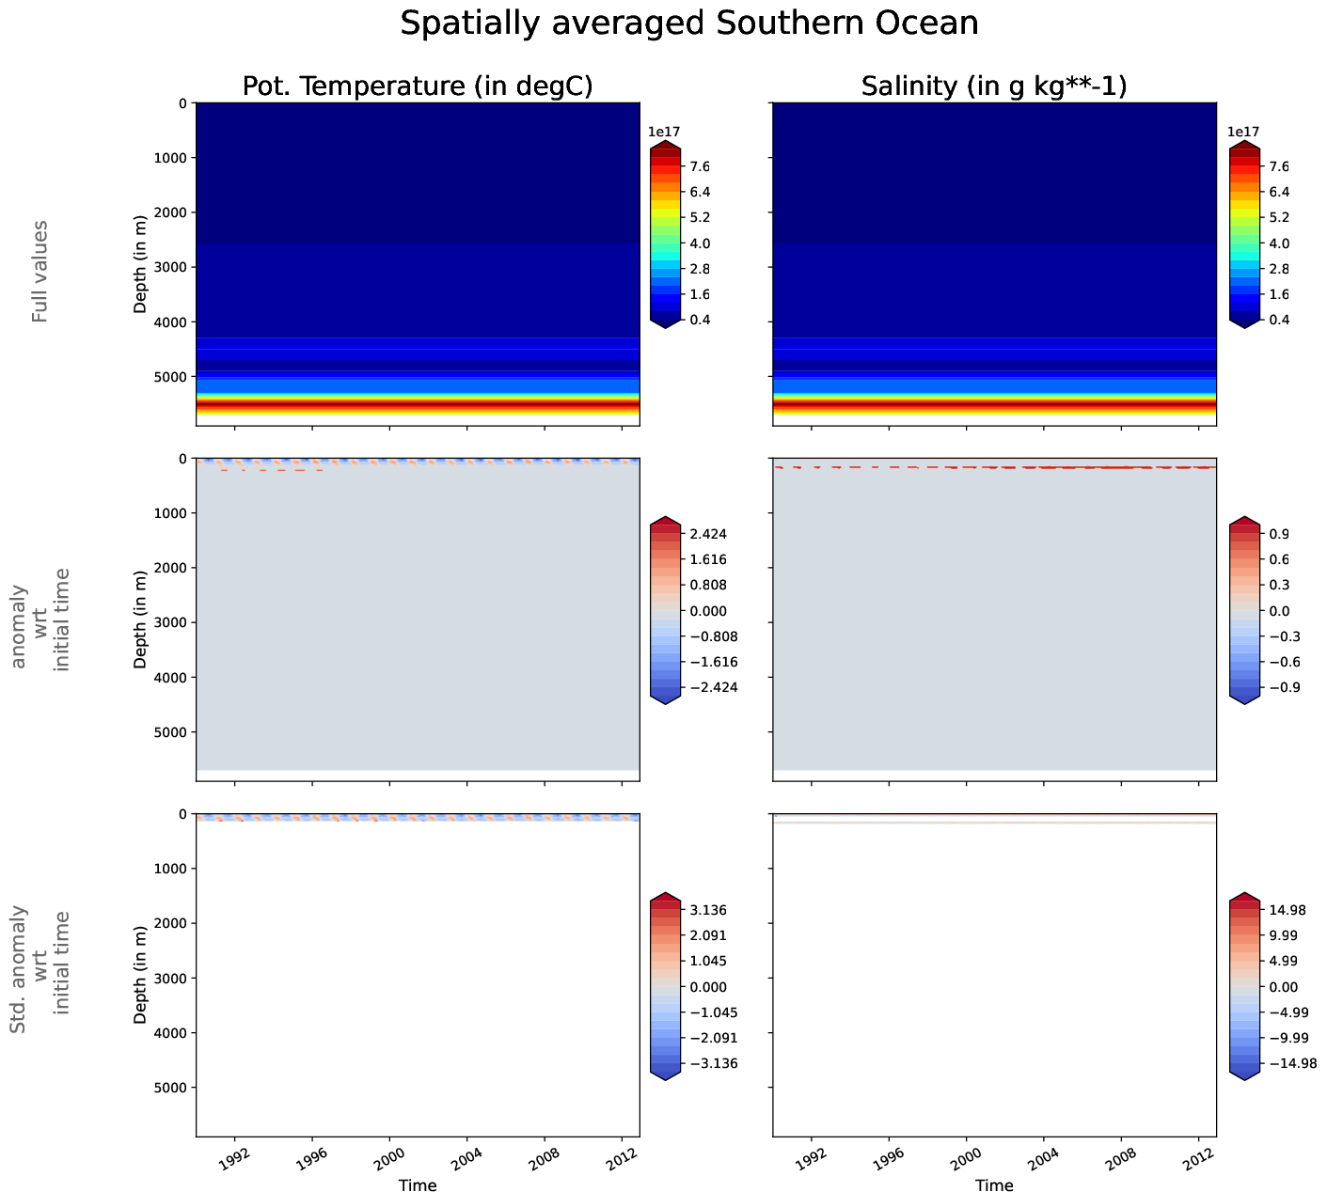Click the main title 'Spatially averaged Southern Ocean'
click(x=689, y=24)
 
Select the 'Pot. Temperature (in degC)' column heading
click(x=418, y=86)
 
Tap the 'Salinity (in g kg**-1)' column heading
click(x=994, y=86)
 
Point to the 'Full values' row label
click(x=39, y=272)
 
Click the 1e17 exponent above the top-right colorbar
click(x=1243, y=133)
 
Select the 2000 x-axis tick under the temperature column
click(x=389, y=1154)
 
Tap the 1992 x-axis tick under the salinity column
click(x=809, y=1154)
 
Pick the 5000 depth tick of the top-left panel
click(x=170, y=377)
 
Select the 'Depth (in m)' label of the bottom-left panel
click(x=140, y=975)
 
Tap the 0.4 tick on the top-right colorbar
click(x=1278, y=320)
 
